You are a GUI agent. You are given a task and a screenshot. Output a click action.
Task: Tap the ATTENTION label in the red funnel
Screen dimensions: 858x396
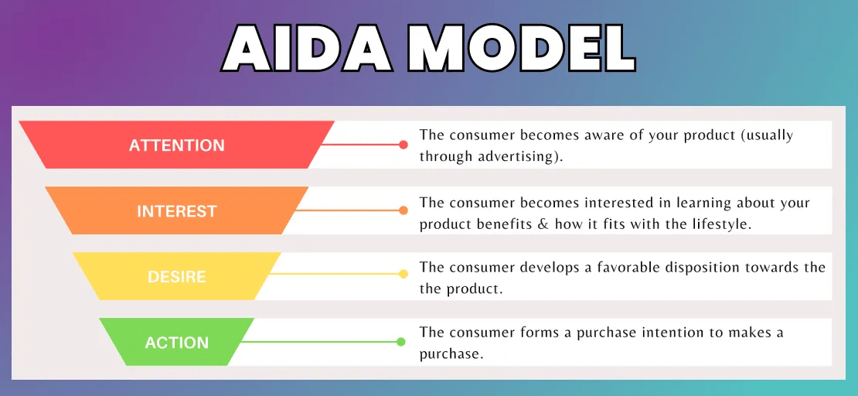[x=177, y=145]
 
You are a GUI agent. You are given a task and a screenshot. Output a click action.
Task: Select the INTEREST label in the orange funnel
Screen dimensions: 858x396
[x=177, y=211]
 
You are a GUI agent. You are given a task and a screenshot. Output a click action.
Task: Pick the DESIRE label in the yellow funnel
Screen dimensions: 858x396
[x=177, y=277]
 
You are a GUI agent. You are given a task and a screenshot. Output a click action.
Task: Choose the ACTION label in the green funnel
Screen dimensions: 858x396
[x=177, y=343]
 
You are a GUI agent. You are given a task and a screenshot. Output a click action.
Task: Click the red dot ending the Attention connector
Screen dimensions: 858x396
[x=403, y=145]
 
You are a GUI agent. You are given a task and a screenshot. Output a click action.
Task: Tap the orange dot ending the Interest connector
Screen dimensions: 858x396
[x=403, y=210]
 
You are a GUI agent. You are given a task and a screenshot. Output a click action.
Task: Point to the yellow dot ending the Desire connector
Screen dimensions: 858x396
[x=403, y=274]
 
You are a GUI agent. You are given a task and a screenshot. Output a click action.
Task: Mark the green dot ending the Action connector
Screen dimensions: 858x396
[x=401, y=342]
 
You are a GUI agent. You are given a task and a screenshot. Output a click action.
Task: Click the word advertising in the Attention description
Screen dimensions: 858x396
[x=512, y=156]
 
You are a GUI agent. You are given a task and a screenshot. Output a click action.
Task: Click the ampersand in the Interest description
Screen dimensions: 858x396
[x=546, y=224]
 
